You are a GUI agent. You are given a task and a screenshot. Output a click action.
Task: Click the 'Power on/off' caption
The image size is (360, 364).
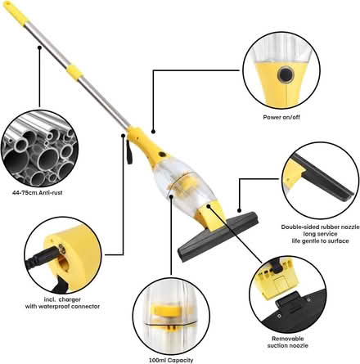coord(281,117)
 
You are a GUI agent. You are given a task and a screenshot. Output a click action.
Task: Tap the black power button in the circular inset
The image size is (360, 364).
coord(285,74)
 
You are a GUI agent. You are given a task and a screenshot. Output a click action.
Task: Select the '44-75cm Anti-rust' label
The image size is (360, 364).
coord(38,193)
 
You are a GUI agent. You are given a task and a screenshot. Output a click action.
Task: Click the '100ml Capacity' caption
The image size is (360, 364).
coord(171,360)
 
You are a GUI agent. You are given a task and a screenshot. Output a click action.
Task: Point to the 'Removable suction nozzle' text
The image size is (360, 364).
coord(288,342)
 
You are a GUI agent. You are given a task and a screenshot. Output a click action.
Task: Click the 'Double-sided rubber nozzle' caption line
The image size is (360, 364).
coord(321,227)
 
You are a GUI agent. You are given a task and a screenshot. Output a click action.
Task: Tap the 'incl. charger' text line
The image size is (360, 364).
coord(62,299)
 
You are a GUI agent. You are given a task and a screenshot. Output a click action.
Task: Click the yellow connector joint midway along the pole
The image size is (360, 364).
coord(75,70)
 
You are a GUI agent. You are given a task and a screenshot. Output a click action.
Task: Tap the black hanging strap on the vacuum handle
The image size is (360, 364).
coord(129,151)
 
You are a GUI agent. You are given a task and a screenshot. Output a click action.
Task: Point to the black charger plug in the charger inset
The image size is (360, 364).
coord(43,257)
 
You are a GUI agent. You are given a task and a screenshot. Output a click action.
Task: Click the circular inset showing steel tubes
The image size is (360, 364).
coord(40,148)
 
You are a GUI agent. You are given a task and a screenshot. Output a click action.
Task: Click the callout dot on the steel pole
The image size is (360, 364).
coord(39,47)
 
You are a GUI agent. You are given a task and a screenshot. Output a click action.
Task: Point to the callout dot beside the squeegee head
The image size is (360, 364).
coord(239,210)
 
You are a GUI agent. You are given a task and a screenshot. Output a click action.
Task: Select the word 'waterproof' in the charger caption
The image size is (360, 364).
coord(59,306)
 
